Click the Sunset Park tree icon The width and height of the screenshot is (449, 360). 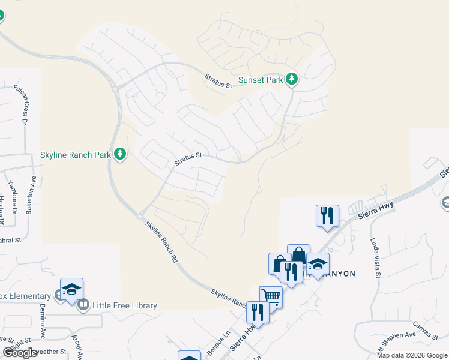(x=292, y=79)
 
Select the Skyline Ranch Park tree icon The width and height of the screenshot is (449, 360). (x=120, y=154)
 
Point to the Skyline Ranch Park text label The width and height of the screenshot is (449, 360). (x=76, y=155)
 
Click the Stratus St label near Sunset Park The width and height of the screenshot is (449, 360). (x=218, y=80)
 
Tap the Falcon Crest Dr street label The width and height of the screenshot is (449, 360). (x=25, y=105)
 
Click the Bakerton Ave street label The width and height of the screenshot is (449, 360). (x=31, y=195)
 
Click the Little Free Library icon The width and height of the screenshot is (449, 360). (x=83, y=305)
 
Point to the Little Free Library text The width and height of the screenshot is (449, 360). (x=124, y=305)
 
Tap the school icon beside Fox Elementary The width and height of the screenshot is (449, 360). (x=71, y=290)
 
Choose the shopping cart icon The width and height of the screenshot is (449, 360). (x=271, y=296)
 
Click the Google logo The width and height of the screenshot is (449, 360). (x=20, y=352)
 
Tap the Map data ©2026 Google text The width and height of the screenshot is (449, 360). (x=411, y=355)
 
